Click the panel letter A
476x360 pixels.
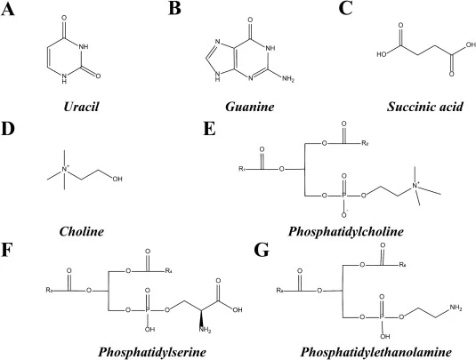tap(7, 9)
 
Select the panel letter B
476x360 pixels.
tap(174, 9)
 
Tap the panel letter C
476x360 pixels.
tap(345, 9)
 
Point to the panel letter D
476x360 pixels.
tap(8, 129)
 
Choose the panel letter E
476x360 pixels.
tap(209, 129)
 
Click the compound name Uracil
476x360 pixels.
tap(81, 107)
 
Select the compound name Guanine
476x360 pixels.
tap(249, 107)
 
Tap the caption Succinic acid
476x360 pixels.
tap(425, 107)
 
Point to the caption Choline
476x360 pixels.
tap(81, 231)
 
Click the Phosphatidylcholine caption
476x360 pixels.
tap(346, 231)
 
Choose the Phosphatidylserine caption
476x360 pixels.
tap(152, 352)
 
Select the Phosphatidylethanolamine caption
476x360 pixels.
tap(376, 352)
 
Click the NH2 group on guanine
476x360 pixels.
tap(288, 79)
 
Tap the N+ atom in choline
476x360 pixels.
tap(65, 169)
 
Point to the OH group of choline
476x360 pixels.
tap(117, 180)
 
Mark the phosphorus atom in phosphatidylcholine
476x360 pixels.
tap(344, 196)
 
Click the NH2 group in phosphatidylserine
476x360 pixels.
tap(205, 330)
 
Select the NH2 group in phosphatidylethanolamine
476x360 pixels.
tap(456, 308)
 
